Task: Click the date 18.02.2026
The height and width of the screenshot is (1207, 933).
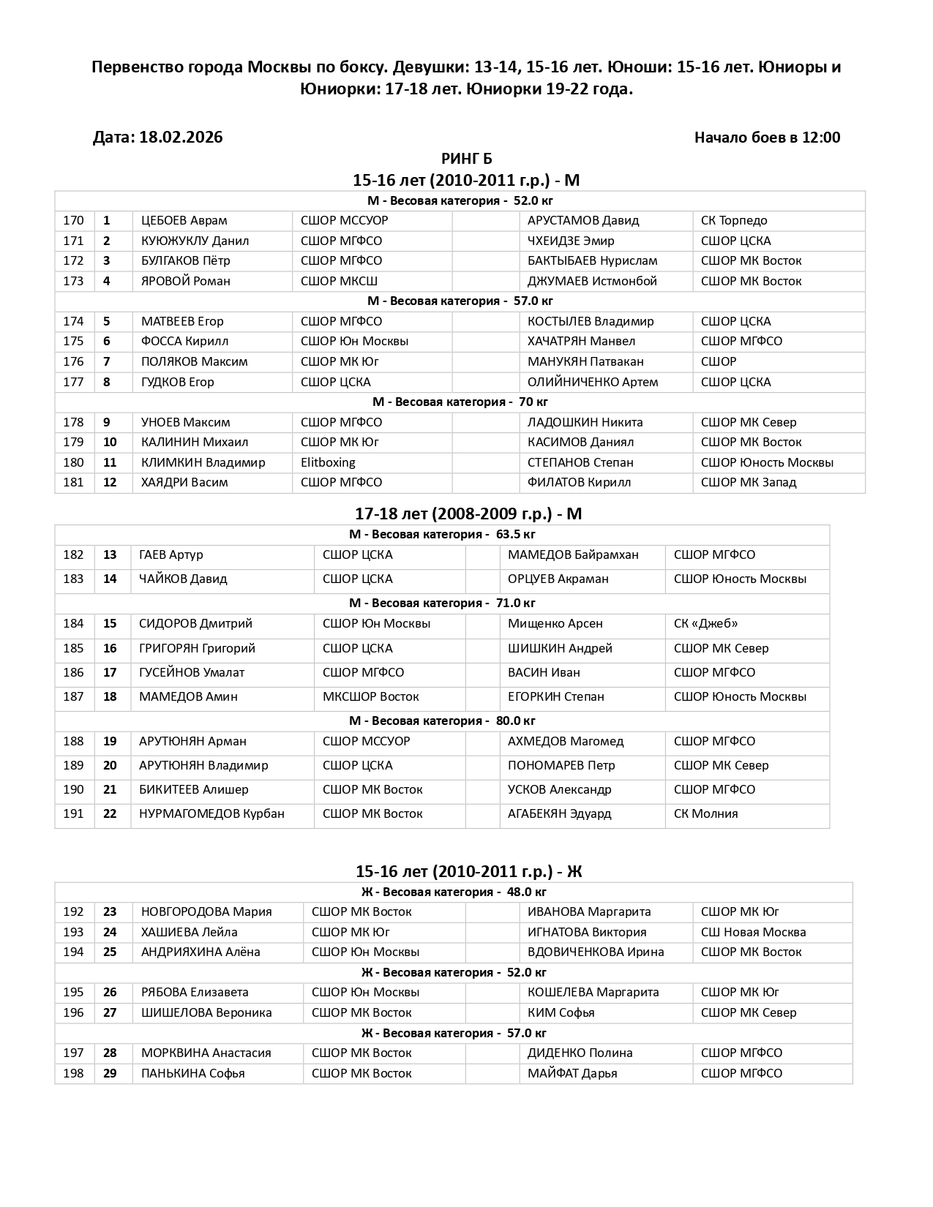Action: point(181,138)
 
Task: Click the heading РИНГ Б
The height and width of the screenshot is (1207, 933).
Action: point(466,159)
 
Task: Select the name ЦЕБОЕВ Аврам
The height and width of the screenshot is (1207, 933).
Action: point(184,220)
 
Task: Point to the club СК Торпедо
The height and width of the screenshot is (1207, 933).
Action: point(734,220)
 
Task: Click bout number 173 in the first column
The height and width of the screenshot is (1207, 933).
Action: point(73,281)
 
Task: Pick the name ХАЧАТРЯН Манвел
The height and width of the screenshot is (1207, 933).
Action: point(581,341)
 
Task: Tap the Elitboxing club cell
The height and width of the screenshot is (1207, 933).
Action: point(328,462)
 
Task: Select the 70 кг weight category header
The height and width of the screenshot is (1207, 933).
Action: point(460,402)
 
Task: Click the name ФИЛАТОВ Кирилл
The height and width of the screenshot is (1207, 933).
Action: point(579,482)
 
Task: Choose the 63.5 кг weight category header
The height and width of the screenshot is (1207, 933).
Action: point(442,534)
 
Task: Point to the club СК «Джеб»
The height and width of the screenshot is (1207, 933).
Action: point(705,623)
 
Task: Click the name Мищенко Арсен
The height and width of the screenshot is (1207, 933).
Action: point(555,623)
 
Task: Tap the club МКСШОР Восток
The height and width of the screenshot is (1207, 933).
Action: point(370,696)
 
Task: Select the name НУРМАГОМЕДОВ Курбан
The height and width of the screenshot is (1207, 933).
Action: point(211,813)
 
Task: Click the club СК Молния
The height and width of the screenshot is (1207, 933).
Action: point(705,813)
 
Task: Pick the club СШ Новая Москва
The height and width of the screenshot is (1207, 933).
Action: point(753,932)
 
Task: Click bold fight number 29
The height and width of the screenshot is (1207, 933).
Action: point(110,1073)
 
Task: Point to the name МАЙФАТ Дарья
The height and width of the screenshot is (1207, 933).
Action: point(572,1073)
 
